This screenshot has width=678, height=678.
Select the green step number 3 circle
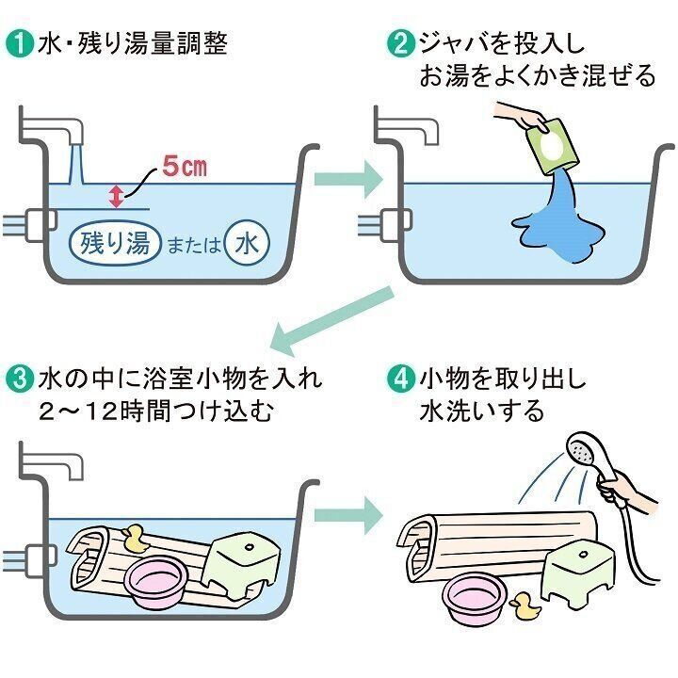(x=19, y=380)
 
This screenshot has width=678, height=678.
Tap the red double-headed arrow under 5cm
(x=116, y=196)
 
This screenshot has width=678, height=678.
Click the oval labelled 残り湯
(x=111, y=244)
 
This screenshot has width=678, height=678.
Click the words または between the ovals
(x=193, y=246)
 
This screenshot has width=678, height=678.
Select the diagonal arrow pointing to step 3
(x=330, y=320)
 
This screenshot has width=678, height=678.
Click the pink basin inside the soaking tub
(x=156, y=582)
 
